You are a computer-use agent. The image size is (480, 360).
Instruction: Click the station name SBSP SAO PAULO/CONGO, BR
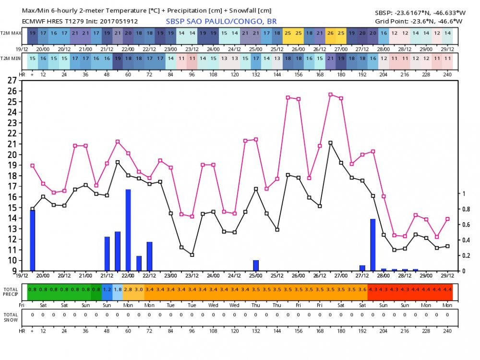221,21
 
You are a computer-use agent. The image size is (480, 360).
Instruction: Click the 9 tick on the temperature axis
12,271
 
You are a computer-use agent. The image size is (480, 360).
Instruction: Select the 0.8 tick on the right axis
466,209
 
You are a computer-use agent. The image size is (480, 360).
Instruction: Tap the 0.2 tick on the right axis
466,256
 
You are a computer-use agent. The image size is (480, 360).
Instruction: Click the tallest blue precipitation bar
128,230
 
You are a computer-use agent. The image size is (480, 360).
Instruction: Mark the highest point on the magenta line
330,95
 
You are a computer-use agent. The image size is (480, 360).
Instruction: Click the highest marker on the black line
330,143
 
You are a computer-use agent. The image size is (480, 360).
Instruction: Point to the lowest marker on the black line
192,255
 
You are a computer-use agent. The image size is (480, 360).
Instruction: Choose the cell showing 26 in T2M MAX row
330,33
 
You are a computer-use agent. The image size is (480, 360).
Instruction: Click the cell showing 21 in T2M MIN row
330,58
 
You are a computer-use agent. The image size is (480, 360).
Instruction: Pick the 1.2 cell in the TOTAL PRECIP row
107,290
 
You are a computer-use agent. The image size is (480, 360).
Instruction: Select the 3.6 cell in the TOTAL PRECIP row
362,290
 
